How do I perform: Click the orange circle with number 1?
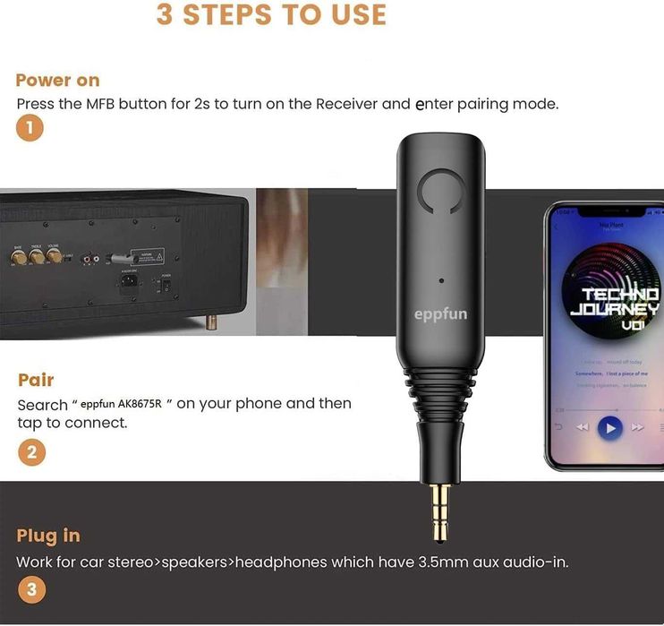[x=30, y=128]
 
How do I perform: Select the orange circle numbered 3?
[x=31, y=589]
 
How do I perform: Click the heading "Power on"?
[x=57, y=81]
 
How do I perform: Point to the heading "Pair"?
[x=36, y=380]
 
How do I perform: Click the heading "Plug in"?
[x=48, y=536]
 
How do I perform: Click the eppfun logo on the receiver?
[x=440, y=314]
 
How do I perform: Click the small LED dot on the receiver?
[x=441, y=281]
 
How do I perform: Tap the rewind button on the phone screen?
[x=583, y=427]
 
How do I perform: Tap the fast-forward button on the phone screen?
[x=638, y=427]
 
